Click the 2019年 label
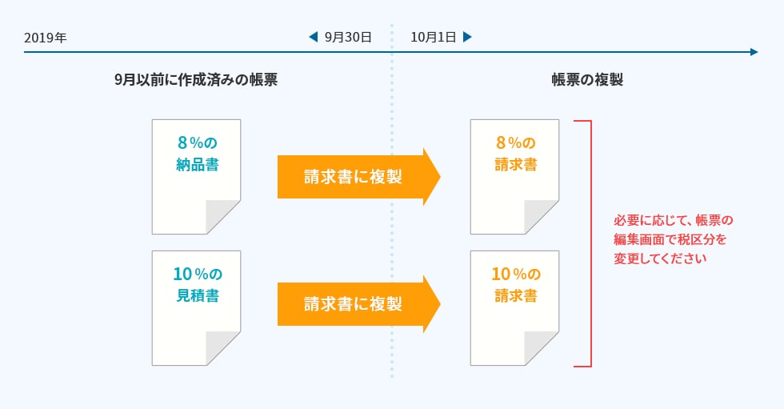[x=46, y=38]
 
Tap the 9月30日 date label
[x=348, y=38]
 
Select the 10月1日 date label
[x=433, y=38]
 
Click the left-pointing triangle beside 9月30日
[x=314, y=38]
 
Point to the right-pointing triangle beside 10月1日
[x=467, y=38]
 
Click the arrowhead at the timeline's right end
[x=754, y=52]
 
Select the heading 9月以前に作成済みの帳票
[x=195, y=80]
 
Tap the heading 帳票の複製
[x=587, y=80]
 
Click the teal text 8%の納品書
[x=197, y=154]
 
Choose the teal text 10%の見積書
[x=197, y=285]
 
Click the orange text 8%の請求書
[x=515, y=154]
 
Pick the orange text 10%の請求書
[x=515, y=285]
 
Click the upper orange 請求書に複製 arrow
[x=357, y=177]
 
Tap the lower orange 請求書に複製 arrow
[x=357, y=304]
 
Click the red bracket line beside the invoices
[x=590, y=243]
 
